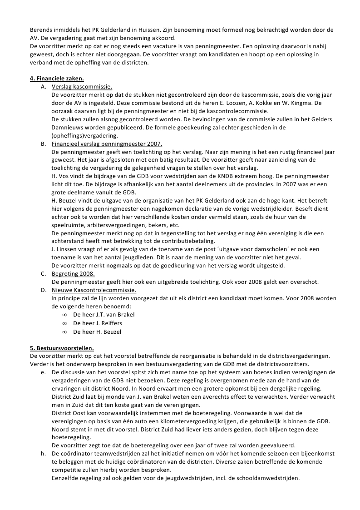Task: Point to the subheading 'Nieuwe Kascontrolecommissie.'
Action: (94, 290)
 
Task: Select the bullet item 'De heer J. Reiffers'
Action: (98, 323)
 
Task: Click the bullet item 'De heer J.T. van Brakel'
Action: (104, 315)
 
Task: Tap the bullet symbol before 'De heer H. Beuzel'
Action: (65, 332)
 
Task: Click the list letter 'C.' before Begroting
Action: (44, 273)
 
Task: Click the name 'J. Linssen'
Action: (66, 249)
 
